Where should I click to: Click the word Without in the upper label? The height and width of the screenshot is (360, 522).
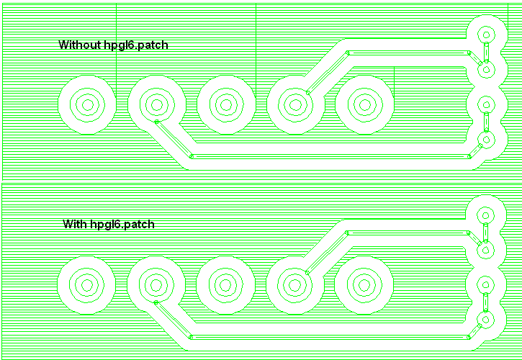pyautogui.click(x=79, y=45)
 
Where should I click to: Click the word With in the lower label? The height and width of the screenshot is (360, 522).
pyautogui.click(x=75, y=224)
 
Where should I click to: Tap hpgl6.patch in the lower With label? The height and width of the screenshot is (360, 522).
pyautogui.click(x=122, y=224)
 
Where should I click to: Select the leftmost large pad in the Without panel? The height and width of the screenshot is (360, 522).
pyautogui.click(x=87, y=105)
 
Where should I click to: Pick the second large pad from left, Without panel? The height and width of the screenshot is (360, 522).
pyautogui.click(x=156, y=105)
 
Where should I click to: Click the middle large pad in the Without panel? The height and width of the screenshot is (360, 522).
pyautogui.click(x=225, y=105)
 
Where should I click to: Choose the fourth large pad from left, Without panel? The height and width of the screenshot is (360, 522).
pyautogui.click(x=294, y=105)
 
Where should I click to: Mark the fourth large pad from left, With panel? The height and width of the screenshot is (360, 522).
pyautogui.click(x=294, y=284)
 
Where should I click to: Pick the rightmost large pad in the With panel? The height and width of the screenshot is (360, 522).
pyautogui.click(x=364, y=284)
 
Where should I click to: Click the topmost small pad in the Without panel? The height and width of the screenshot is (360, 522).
pyautogui.click(x=486, y=35)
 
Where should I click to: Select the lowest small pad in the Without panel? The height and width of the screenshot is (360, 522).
pyautogui.click(x=486, y=140)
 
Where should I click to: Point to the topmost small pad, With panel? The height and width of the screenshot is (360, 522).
pyautogui.click(x=486, y=214)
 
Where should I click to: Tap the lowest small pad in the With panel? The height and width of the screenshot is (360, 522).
pyautogui.click(x=486, y=319)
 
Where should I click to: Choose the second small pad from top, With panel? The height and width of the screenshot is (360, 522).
pyautogui.click(x=486, y=249)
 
